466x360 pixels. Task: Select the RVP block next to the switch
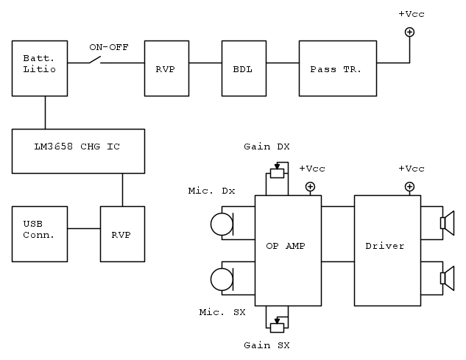coord(166,68)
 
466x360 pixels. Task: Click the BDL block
coord(244,68)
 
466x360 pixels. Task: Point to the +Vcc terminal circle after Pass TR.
coord(410,32)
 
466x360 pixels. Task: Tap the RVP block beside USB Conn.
coord(122,233)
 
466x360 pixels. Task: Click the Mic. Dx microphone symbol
coord(222,223)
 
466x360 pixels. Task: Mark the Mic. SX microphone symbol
coord(222,279)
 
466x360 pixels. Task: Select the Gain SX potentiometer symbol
coord(277,327)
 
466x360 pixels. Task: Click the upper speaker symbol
coord(446,223)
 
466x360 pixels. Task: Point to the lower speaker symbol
coord(446,278)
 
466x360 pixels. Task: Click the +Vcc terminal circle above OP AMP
coord(310,186)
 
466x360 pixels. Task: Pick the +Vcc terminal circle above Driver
coord(410,186)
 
